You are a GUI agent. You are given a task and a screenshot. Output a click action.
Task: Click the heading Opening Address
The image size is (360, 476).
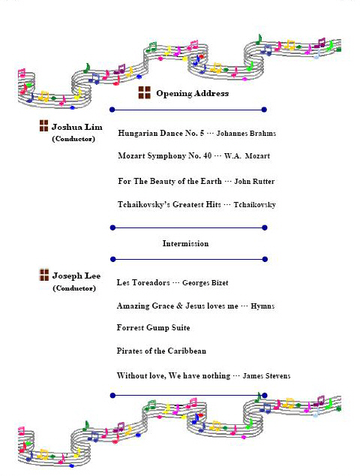(x=192, y=93)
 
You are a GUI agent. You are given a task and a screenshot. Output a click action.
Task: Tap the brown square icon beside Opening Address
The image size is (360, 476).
(x=144, y=92)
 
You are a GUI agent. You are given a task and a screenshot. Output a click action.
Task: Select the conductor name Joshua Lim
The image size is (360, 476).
(x=77, y=127)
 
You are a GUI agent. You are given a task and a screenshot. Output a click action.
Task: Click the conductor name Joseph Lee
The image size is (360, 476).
(x=76, y=276)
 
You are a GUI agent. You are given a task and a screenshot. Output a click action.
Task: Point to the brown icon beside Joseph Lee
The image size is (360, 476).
(x=44, y=275)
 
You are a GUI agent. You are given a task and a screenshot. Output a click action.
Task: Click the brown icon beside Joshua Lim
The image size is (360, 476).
(x=44, y=125)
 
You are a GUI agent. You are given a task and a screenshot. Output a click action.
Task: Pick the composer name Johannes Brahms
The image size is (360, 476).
(x=246, y=134)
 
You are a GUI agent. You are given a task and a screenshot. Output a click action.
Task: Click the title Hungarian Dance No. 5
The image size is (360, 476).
(x=161, y=133)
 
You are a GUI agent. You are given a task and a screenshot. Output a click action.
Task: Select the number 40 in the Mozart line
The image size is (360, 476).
(x=208, y=155)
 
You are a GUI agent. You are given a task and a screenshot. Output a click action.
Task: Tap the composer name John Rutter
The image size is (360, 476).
(x=254, y=181)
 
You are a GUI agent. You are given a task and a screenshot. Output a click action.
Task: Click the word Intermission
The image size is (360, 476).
(x=185, y=243)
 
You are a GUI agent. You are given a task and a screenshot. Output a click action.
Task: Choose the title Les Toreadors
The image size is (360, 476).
(x=143, y=282)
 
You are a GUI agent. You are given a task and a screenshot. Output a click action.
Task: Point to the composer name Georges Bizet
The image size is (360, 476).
(x=205, y=282)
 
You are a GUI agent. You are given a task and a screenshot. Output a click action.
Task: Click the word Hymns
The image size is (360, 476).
(x=262, y=306)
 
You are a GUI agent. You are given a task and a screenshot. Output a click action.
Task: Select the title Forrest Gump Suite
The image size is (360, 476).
(x=154, y=327)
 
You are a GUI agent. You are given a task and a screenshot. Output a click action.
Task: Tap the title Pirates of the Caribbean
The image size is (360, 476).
(x=161, y=351)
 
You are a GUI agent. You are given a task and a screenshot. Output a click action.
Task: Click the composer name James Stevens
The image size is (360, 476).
(x=266, y=376)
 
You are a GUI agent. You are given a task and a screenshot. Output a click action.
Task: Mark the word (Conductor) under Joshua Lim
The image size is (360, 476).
(x=73, y=139)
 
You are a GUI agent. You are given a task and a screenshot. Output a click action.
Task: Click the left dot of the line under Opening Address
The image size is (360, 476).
(x=112, y=110)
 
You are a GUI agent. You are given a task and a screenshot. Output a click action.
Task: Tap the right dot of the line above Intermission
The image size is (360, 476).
(x=265, y=227)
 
